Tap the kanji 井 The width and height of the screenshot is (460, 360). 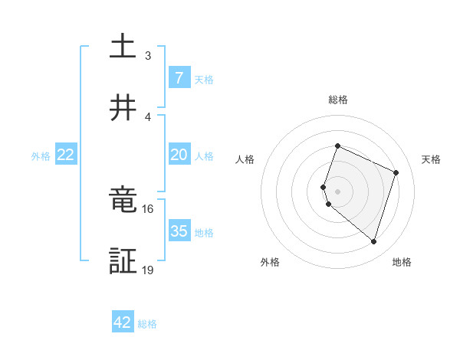(123, 109)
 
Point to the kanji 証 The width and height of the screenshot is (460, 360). (123, 261)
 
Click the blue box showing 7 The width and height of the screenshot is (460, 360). (179, 78)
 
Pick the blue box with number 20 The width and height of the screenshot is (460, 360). (179, 155)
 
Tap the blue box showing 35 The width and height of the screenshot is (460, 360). (179, 231)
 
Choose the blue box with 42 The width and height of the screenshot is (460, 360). (123, 322)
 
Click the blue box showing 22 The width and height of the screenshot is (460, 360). (66, 155)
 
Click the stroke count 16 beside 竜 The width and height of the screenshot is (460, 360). (148, 208)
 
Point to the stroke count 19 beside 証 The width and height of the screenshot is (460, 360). (148, 270)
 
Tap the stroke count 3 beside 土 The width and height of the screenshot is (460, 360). (148, 55)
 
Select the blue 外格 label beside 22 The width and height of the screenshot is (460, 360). (41, 155)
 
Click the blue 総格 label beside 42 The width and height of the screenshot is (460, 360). (147, 323)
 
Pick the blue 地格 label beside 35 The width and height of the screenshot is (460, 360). (204, 232)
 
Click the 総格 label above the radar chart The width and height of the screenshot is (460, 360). (338, 100)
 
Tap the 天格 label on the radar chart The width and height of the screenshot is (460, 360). (431, 159)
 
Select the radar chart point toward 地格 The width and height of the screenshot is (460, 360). (373, 241)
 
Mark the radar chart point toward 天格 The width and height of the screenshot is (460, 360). (396, 172)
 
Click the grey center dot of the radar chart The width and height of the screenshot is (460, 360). (338, 191)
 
